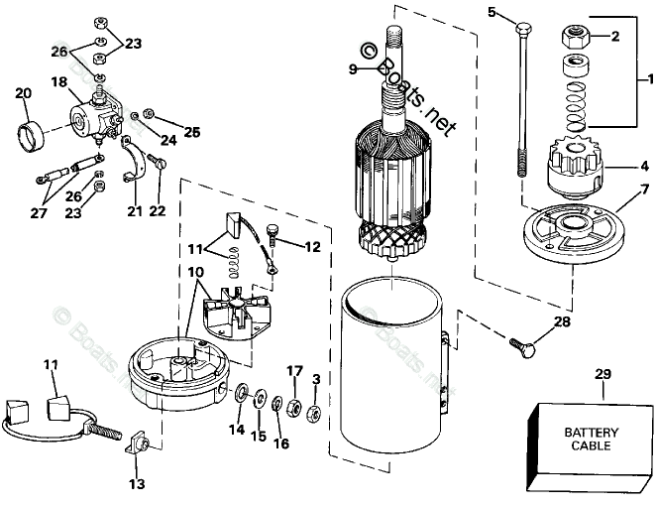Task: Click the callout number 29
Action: pos(603,374)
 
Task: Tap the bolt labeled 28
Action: pos(524,348)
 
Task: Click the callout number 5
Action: pos(492,11)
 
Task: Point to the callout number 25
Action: pos(191,131)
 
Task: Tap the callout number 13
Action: pos(136,484)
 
